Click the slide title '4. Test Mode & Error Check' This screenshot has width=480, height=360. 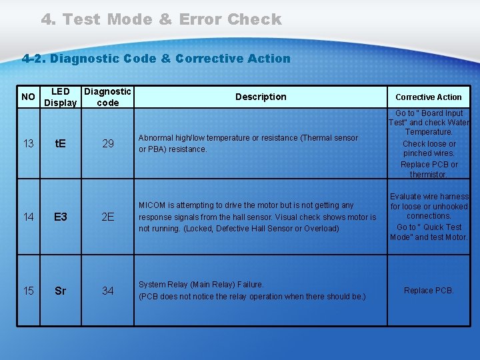click(161, 19)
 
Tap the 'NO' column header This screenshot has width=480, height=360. click(29, 97)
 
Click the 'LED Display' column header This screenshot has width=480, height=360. click(60, 97)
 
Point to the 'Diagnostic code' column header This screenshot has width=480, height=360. click(107, 97)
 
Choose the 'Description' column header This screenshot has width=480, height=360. click(261, 97)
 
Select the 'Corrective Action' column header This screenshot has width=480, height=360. click(429, 97)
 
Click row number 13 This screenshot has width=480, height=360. click(29, 143)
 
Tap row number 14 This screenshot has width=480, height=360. click(29, 217)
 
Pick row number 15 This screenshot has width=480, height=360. click(29, 291)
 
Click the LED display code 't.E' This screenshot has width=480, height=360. click(60, 143)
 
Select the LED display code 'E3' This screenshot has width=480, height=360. click(60, 217)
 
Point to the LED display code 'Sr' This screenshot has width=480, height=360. click(60, 291)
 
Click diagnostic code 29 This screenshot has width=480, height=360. click(107, 143)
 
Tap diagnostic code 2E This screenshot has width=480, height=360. click(107, 217)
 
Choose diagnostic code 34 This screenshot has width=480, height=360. click(107, 291)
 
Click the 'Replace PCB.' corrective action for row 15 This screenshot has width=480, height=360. click(429, 291)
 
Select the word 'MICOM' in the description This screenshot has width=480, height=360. click(152, 205)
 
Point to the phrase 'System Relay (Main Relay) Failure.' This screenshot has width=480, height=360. click(201, 285)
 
